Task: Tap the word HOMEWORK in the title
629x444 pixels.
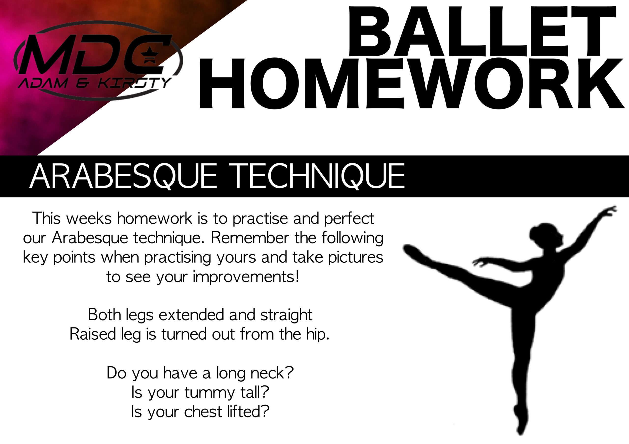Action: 412,83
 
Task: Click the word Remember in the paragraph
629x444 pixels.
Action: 250,238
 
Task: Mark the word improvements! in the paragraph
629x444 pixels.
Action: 246,277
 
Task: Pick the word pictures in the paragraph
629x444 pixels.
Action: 356,257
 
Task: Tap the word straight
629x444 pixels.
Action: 286,315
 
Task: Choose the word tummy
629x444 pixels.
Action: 210,392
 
